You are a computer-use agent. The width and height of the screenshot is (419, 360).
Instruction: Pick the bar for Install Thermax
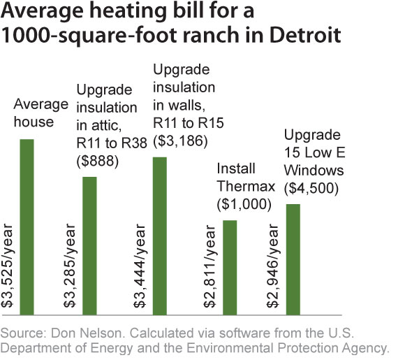(230, 266)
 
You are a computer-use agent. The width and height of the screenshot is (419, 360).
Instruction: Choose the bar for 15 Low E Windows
(293, 259)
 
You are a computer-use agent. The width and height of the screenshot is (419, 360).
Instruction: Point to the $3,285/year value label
(71, 273)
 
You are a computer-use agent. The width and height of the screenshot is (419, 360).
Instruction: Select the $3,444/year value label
(140, 273)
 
